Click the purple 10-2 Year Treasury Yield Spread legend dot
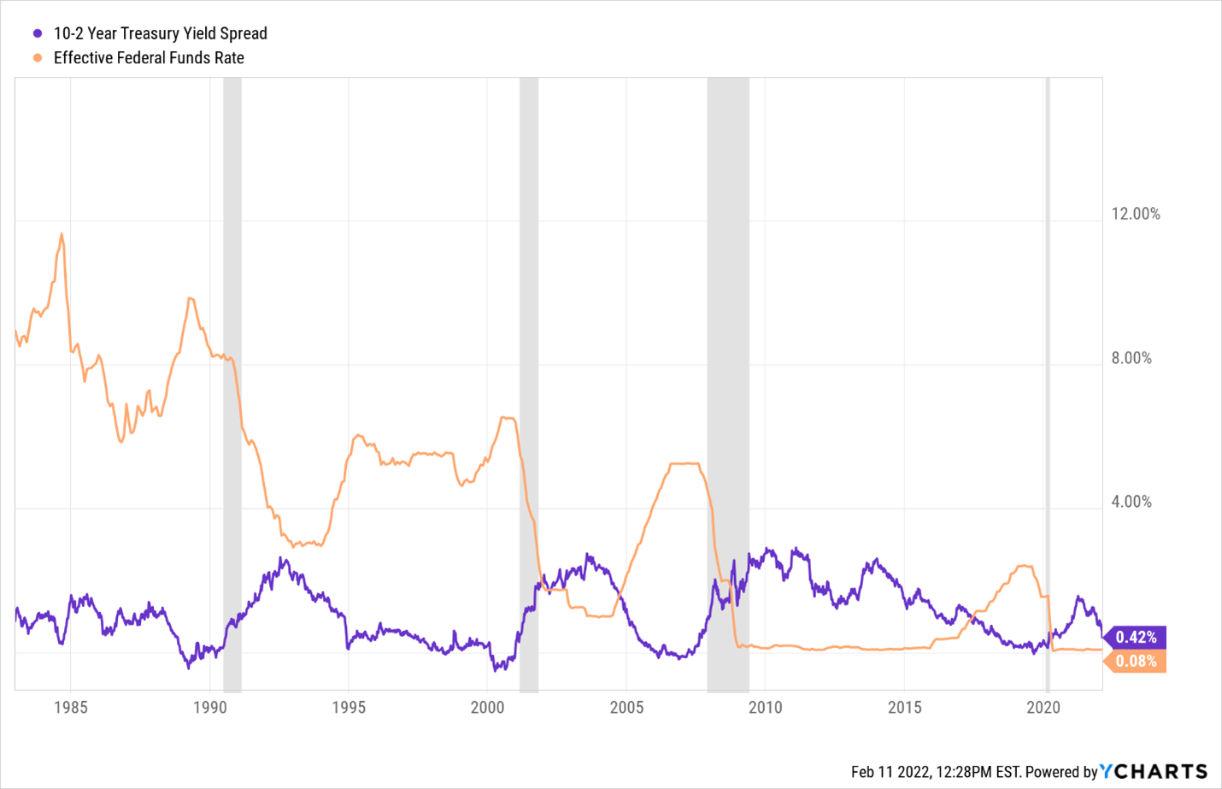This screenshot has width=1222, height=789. (38, 33)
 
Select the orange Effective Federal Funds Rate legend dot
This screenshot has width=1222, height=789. (38, 58)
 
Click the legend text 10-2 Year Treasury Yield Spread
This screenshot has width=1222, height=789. (160, 33)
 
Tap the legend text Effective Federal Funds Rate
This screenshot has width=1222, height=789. (149, 58)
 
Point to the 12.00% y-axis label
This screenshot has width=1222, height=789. (1135, 214)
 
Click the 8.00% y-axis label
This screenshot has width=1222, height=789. (1131, 358)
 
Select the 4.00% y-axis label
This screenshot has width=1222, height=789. (1131, 502)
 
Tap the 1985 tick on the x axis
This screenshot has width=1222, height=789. (71, 707)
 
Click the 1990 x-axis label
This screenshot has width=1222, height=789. (210, 707)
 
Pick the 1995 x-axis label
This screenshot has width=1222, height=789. (349, 707)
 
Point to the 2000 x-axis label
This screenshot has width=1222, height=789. (487, 707)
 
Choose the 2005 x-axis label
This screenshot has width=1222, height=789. (626, 707)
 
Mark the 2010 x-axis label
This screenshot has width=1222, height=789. (765, 707)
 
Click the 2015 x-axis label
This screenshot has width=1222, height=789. (904, 707)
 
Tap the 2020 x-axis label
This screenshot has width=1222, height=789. (1043, 707)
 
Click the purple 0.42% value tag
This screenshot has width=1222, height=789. (1136, 637)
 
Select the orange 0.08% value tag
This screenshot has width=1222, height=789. (1136, 661)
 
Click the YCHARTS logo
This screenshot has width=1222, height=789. (1154, 771)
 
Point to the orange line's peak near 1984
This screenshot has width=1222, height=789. (62, 234)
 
